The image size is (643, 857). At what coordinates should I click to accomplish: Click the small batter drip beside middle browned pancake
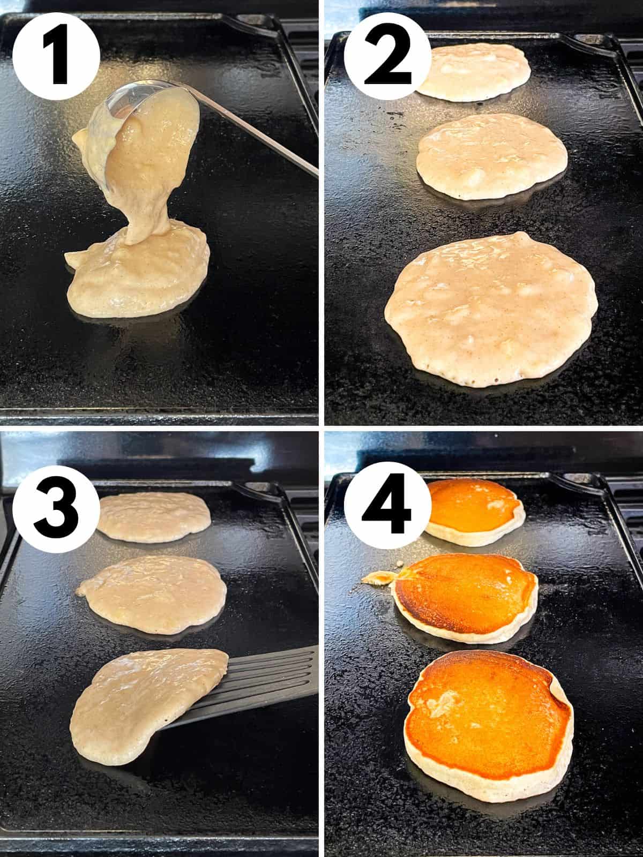(378, 577)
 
